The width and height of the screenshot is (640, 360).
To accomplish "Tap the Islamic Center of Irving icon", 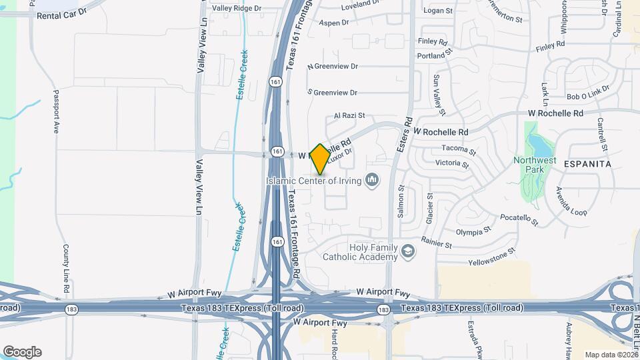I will tap(372, 180).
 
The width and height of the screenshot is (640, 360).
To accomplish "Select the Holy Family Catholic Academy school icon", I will tap(408, 251).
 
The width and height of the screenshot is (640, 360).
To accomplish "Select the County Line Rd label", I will tap(66, 269).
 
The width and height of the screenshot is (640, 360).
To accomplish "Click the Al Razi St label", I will tap(349, 115).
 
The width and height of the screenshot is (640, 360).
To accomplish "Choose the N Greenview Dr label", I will tap(332, 67).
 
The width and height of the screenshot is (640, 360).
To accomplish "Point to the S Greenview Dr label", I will tap(332, 93).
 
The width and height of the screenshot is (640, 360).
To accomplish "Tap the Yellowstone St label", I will tap(492, 257).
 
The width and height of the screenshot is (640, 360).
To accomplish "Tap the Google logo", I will tap(22, 351).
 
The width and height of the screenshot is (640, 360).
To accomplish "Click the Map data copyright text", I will tap(610, 355).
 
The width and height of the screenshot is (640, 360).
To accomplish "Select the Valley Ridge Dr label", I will tap(237, 8).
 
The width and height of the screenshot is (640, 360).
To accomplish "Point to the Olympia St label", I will tap(473, 231).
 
